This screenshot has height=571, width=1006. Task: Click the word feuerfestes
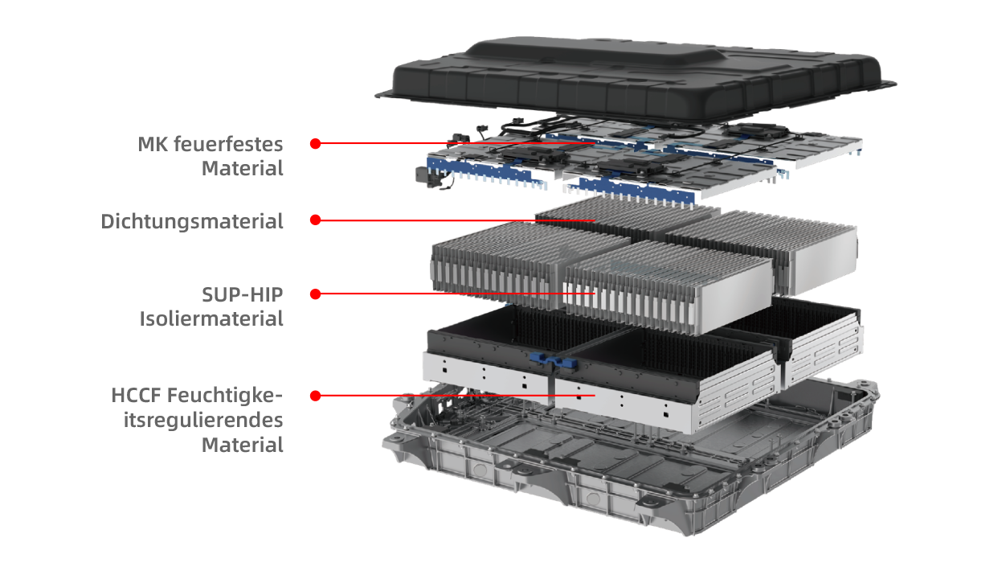228,144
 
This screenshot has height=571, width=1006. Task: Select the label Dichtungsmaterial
192,222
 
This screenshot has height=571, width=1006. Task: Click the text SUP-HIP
243,295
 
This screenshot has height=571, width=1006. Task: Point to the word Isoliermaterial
211,318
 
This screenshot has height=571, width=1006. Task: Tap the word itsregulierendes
203,421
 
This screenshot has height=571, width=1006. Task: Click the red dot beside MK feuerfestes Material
315,143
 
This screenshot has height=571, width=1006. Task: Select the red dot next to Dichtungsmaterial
315,220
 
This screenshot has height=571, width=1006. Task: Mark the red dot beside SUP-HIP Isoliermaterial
315,294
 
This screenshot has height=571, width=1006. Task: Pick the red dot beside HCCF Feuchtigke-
315,396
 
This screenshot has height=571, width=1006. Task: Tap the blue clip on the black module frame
553,361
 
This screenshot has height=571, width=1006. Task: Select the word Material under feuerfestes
243,169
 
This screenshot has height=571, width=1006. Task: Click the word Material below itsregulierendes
243,445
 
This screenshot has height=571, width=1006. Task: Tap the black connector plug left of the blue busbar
426,175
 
